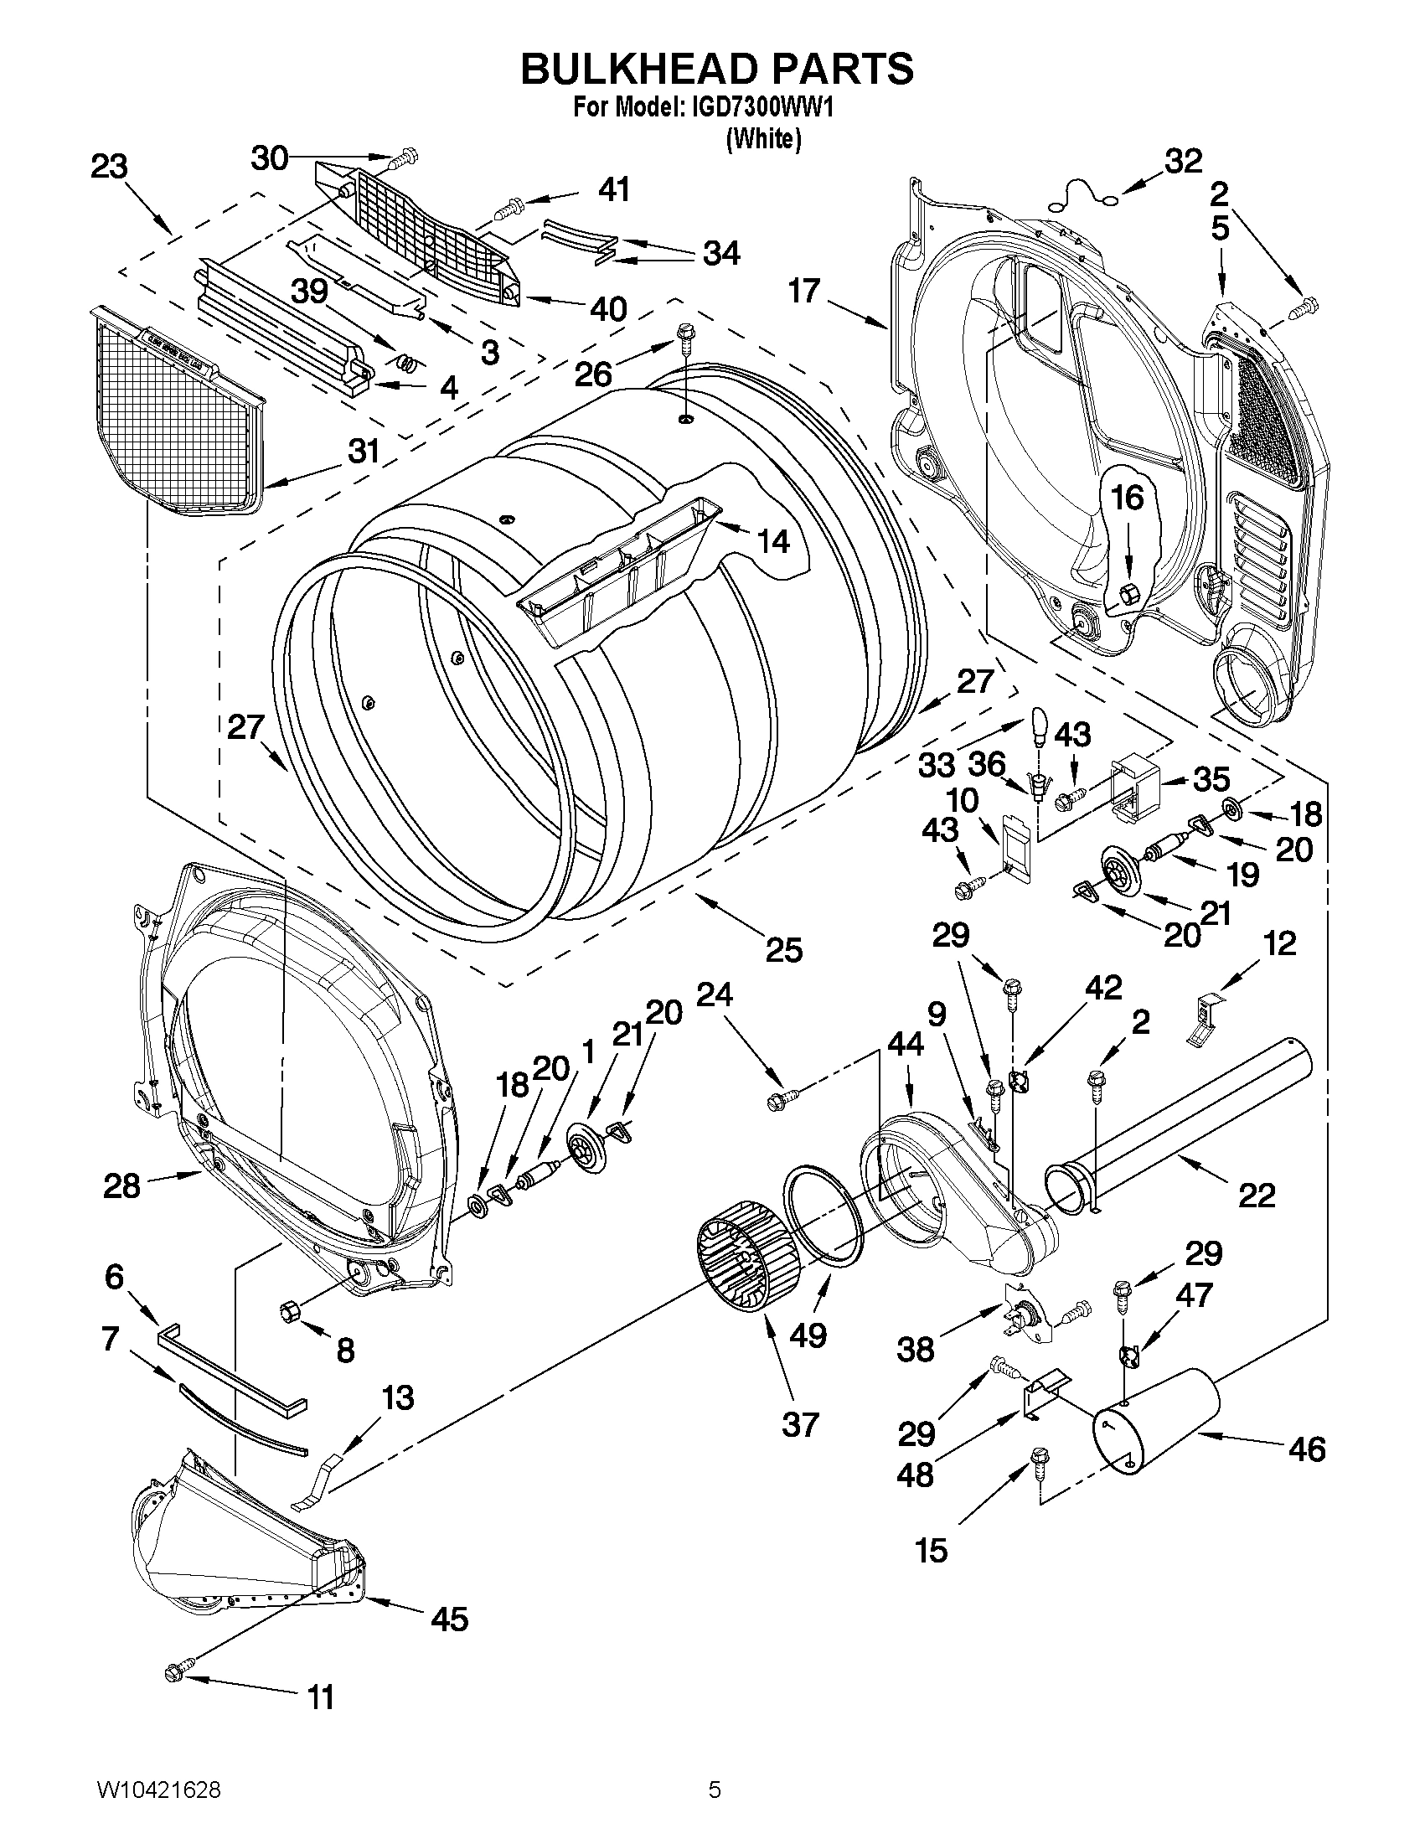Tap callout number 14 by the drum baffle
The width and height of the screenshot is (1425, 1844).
click(773, 540)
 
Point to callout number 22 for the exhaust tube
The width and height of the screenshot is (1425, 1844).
click(1256, 1195)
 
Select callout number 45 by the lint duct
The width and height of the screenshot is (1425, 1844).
click(449, 1619)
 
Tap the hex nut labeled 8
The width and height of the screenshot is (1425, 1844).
click(291, 1313)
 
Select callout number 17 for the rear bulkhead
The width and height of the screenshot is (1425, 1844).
click(804, 292)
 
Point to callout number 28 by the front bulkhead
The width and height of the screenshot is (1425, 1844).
click(121, 1186)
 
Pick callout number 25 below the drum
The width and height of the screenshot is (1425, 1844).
click(783, 950)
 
